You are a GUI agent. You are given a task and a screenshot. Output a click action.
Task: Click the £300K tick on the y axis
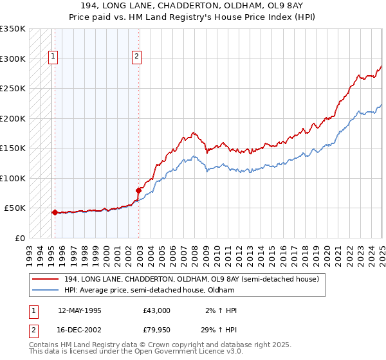(x=13, y=59)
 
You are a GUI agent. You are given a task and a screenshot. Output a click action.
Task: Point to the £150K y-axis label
(x=13, y=148)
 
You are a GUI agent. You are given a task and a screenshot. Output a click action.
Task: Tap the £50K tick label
(x=15, y=208)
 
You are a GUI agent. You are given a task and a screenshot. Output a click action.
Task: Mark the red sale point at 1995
(x=55, y=212)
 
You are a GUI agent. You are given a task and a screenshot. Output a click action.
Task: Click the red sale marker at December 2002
(x=138, y=190)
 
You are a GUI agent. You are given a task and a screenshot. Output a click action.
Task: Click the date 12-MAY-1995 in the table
(x=80, y=310)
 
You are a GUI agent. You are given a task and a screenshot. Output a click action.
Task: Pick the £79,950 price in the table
(x=157, y=330)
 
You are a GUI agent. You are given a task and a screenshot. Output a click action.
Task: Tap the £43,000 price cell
(x=157, y=310)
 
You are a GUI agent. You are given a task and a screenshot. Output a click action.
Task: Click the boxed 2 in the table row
(x=32, y=330)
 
